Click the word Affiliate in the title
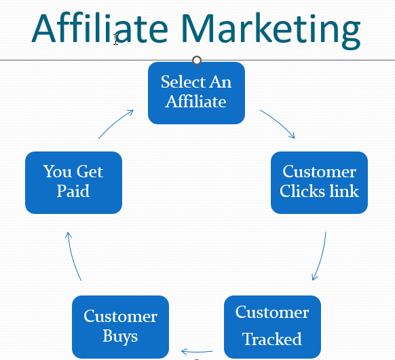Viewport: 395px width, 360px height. (x=100, y=29)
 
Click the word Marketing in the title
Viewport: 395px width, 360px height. (x=271, y=31)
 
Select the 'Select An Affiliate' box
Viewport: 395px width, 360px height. (x=197, y=93)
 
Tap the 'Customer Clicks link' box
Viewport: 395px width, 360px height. (x=319, y=183)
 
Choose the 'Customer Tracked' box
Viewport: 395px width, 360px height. (x=272, y=327)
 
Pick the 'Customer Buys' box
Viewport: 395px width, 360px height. (x=120, y=327)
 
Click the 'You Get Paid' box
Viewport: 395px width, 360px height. (x=73, y=183)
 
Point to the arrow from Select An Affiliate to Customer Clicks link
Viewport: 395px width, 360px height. (x=279, y=122)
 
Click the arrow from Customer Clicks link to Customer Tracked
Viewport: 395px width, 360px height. (x=321, y=257)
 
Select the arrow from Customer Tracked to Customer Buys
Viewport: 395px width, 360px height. (x=197, y=351)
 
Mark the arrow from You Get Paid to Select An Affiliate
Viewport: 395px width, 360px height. (x=115, y=123)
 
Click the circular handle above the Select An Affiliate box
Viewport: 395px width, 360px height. (x=197, y=60)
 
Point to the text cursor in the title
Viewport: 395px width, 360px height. (x=115, y=39)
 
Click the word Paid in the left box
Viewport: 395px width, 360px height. (x=73, y=191)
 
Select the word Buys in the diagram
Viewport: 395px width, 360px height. (x=120, y=336)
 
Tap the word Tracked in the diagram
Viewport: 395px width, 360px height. (x=272, y=338)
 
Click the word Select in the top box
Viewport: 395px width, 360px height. (x=183, y=82)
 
